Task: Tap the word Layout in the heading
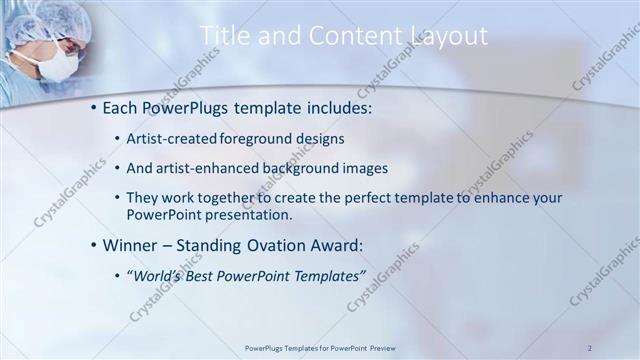point(448,36)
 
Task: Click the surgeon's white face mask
point(59,65)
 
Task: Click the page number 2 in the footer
point(590,347)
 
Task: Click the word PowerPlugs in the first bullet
point(184,105)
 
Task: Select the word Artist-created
point(165,138)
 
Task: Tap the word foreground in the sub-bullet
point(244,138)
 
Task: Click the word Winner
point(130,244)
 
